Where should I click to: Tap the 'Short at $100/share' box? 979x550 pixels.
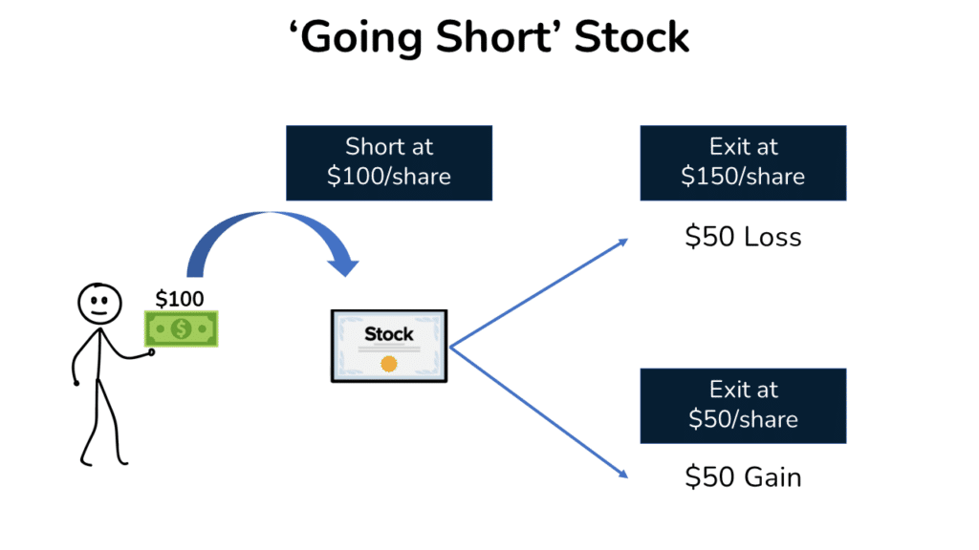pyautogui.click(x=389, y=162)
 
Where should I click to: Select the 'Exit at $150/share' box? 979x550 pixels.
pyautogui.click(x=743, y=162)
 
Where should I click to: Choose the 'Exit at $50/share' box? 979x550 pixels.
pyautogui.click(x=743, y=405)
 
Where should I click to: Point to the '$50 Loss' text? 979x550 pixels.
pyautogui.click(x=743, y=237)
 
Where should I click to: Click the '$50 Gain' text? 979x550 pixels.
pyautogui.click(x=743, y=477)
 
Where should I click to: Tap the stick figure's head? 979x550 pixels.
pyautogui.click(x=98, y=303)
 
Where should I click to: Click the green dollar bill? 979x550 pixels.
pyautogui.click(x=181, y=329)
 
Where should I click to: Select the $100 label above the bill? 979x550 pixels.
pyautogui.click(x=180, y=299)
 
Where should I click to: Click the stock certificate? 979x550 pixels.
pyautogui.click(x=389, y=346)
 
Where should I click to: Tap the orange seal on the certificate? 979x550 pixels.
pyautogui.click(x=389, y=364)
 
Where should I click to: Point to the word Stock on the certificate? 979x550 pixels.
pyautogui.click(x=389, y=333)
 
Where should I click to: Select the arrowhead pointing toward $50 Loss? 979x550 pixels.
pyautogui.click(x=623, y=241)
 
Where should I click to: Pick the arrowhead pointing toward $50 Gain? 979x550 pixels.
pyautogui.click(x=623, y=473)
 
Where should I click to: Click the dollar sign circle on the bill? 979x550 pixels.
pyautogui.click(x=181, y=329)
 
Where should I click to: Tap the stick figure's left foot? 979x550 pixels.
pyautogui.click(x=86, y=460)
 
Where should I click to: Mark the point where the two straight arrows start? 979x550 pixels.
pyautogui.click(x=450, y=348)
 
